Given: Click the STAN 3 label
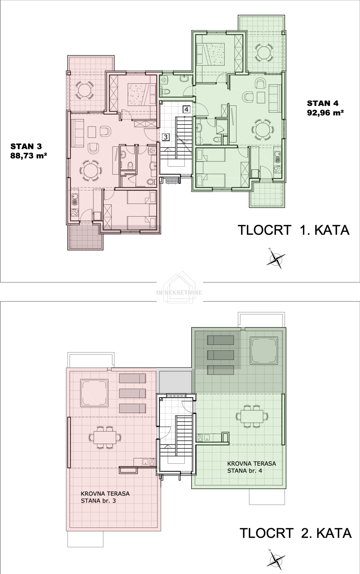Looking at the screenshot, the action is [26, 146].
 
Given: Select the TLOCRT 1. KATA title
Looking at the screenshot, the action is [294, 230].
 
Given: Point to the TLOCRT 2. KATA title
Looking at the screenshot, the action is [295, 533].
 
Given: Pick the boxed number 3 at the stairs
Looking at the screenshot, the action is [166, 137].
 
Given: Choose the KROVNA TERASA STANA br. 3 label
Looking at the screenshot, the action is [105, 497].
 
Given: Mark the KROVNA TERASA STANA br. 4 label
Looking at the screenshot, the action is [252, 467].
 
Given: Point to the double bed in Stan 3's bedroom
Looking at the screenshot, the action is [138, 94].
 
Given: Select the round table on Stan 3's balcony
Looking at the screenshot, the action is [84, 90].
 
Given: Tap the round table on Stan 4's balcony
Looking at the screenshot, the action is [264, 52].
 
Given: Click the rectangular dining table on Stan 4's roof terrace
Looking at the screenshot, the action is [252, 416].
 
